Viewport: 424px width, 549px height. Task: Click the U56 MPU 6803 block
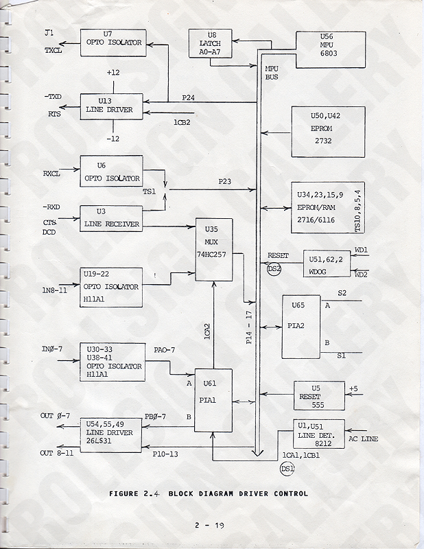[325, 50]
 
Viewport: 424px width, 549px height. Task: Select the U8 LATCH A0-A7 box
[209, 45]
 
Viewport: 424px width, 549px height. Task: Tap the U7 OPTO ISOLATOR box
[111, 43]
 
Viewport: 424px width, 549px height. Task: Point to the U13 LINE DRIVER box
[111, 107]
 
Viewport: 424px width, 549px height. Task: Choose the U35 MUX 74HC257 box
[214, 250]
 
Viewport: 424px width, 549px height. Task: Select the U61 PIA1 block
[213, 400]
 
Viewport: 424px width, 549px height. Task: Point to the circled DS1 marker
[287, 469]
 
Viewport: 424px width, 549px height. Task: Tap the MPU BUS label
[272, 73]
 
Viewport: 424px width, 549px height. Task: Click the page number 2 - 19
[211, 526]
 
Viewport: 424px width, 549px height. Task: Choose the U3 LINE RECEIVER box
[111, 220]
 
